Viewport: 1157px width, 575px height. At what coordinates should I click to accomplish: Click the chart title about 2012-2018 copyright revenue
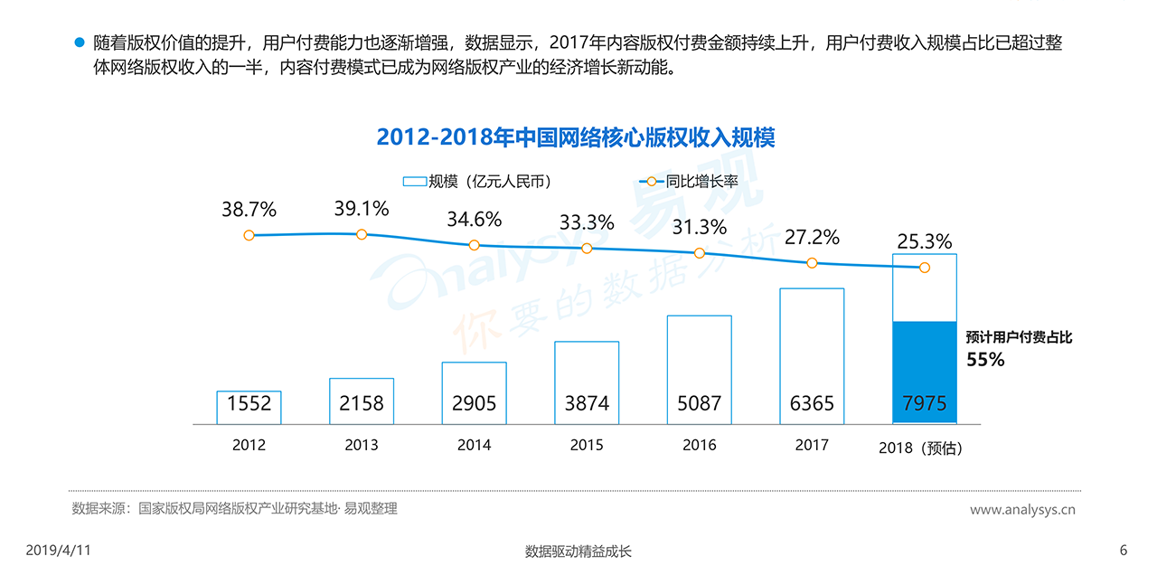click(x=576, y=137)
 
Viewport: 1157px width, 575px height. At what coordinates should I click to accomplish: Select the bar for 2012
click(x=249, y=407)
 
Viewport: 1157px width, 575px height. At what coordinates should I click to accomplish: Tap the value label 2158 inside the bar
click(x=362, y=403)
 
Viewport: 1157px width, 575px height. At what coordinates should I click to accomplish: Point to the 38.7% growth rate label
click(x=249, y=210)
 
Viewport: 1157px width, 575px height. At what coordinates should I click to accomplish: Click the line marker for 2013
click(x=362, y=234)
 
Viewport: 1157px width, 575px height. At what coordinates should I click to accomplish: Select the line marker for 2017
click(x=812, y=263)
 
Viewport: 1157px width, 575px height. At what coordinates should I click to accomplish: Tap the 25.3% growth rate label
click(x=924, y=241)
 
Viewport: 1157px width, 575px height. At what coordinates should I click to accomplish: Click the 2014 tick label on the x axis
click(x=474, y=445)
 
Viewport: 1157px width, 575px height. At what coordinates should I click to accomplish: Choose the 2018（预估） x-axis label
click(x=921, y=448)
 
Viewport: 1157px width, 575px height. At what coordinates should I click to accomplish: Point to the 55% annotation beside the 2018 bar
click(x=985, y=359)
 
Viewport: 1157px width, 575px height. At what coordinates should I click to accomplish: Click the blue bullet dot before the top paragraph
click(x=79, y=42)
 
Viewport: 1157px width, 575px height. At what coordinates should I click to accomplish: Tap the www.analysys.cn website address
click(x=1022, y=510)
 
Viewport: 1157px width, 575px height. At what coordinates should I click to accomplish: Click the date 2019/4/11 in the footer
click(x=58, y=551)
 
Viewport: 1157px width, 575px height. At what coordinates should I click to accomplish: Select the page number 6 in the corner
click(x=1124, y=551)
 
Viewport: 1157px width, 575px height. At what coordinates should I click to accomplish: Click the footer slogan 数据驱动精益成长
click(x=578, y=551)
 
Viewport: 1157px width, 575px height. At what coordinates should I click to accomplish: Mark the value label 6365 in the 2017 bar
click(x=812, y=403)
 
